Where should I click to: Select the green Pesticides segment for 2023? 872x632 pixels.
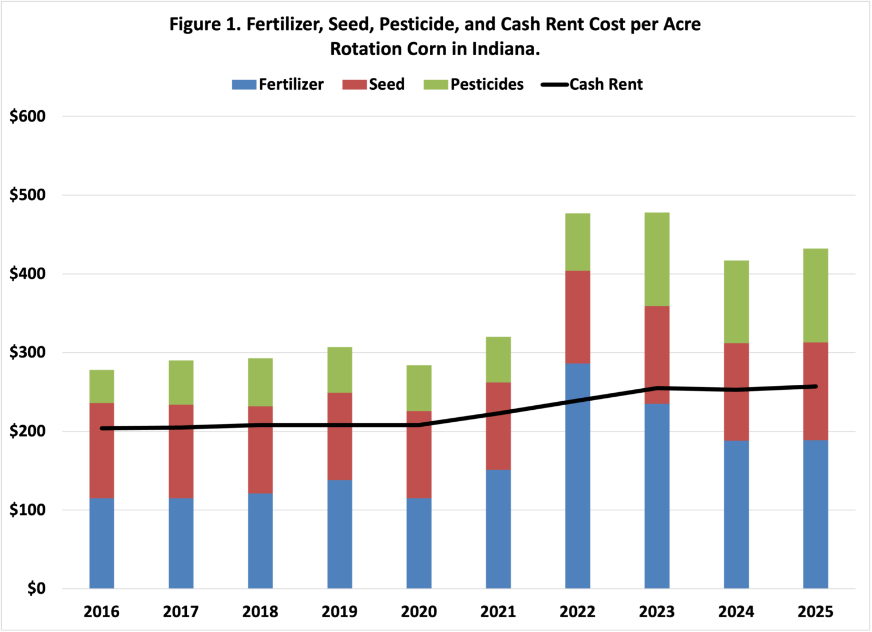click(657, 259)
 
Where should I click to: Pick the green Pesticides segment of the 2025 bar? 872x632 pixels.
click(815, 295)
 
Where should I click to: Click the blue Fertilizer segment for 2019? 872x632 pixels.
click(339, 534)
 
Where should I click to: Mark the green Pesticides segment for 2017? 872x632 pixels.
click(181, 382)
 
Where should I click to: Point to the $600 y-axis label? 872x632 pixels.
click(27, 117)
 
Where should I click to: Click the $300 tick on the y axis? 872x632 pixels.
click(27, 352)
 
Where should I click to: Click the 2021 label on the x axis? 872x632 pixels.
click(498, 612)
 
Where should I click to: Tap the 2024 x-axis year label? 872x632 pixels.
click(736, 612)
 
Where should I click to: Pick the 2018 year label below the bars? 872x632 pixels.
click(260, 612)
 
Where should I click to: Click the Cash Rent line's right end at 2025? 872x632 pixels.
click(816, 386)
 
